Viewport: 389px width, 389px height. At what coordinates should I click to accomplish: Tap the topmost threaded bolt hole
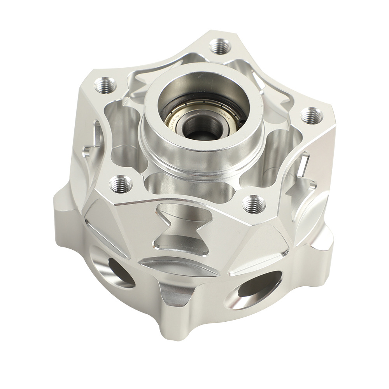(x=220, y=47)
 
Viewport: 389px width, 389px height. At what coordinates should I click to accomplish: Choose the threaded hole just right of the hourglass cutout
(x=254, y=203)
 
